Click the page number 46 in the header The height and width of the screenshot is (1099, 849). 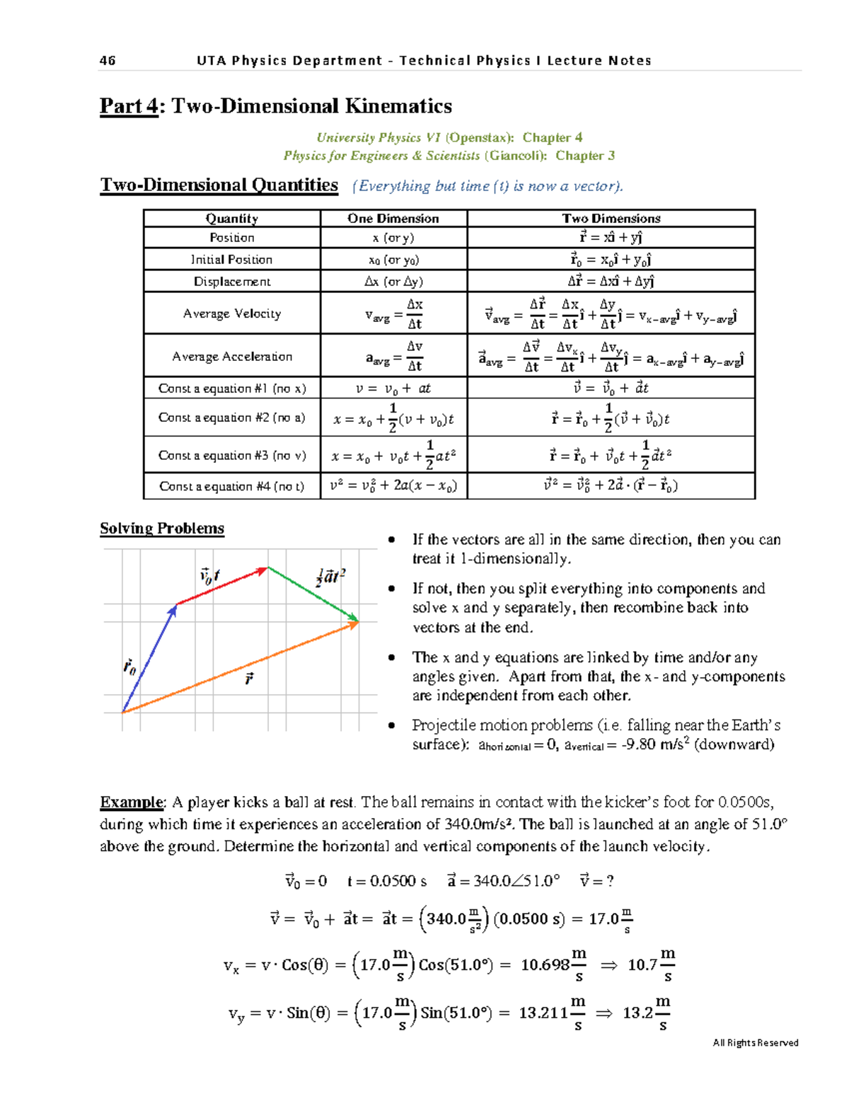click(x=108, y=61)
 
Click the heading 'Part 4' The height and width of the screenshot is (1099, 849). click(x=129, y=106)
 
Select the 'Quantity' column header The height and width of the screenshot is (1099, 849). click(x=231, y=219)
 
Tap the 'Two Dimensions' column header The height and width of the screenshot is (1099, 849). click(x=611, y=219)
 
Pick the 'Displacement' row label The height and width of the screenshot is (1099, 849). click(x=231, y=282)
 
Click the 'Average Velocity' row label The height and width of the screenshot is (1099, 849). click(x=231, y=313)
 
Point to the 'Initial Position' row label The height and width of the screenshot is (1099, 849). click(x=231, y=260)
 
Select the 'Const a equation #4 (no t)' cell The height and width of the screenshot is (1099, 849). click(x=231, y=486)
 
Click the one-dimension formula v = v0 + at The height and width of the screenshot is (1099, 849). click(x=393, y=389)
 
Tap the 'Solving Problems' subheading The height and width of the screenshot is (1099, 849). click(x=162, y=529)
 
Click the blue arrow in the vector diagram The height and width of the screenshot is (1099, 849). click(x=149, y=658)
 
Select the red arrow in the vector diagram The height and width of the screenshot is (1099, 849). click(x=221, y=586)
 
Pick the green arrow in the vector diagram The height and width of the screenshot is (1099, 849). click(x=313, y=594)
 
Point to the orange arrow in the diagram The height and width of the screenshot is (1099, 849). click(x=241, y=667)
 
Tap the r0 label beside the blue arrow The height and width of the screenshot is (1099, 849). click(x=129, y=667)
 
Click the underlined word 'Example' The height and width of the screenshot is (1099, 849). click(x=132, y=802)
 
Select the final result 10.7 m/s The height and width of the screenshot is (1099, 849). click(x=651, y=965)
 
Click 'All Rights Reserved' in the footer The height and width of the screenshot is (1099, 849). click(x=755, y=1042)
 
